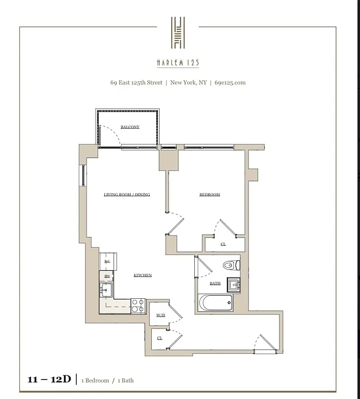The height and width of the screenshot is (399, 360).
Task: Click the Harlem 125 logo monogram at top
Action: click(178, 33)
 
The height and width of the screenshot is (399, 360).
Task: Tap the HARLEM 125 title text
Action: click(178, 63)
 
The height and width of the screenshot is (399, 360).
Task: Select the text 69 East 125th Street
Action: click(136, 83)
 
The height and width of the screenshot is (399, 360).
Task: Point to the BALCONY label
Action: click(130, 127)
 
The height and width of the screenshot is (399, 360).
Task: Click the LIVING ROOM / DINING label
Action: click(127, 195)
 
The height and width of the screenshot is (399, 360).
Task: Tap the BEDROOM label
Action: click(210, 195)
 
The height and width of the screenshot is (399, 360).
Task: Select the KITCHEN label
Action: click(143, 275)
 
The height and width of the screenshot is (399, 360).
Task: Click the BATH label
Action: click(215, 283)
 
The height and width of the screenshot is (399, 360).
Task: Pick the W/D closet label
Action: click(161, 315)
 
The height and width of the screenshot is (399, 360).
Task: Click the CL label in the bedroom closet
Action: click(223, 244)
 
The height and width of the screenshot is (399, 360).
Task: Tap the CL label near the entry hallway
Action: click(159, 338)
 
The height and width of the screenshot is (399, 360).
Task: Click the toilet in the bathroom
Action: click(233, 265)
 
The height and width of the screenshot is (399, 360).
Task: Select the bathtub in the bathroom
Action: click(215, 302)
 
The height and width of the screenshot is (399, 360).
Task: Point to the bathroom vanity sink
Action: click(234, 285)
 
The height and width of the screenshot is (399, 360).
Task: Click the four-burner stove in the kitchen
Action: click(138, 305)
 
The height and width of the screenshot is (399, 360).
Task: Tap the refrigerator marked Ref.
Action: click(106, 261)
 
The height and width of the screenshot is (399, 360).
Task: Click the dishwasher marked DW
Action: click(106, 276)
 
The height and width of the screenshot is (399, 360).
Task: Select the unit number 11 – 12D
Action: click(49, 380)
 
